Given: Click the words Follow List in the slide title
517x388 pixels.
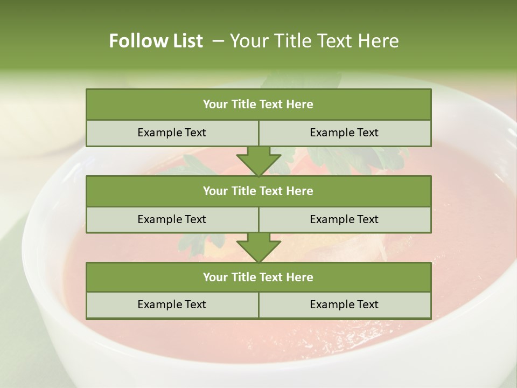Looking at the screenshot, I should click(x=156, y=41).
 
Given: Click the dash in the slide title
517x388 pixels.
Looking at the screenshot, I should click(x=218, y=41).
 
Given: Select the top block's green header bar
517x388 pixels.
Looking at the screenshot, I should click(x=258, y=105).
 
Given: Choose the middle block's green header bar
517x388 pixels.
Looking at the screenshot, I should click(x=258, y=191).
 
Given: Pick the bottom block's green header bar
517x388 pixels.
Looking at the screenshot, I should click(x=258, y=277).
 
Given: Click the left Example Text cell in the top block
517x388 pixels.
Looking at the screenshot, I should click(x=172, y=133).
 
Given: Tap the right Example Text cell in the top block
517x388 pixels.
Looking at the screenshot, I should click(x=345, y=133).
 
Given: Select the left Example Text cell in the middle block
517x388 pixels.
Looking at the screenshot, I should click(x=172, y=219).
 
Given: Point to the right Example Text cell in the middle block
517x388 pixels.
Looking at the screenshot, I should click(x=345, y=219).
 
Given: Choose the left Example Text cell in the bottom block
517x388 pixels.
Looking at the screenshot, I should click(x=172, y=304).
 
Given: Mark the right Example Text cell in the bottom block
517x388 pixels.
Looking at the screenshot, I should click(x=345, y=304).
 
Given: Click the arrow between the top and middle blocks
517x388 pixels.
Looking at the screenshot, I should click(x=258, y=161).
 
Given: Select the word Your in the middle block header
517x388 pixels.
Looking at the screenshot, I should click(x=215, y=191).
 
